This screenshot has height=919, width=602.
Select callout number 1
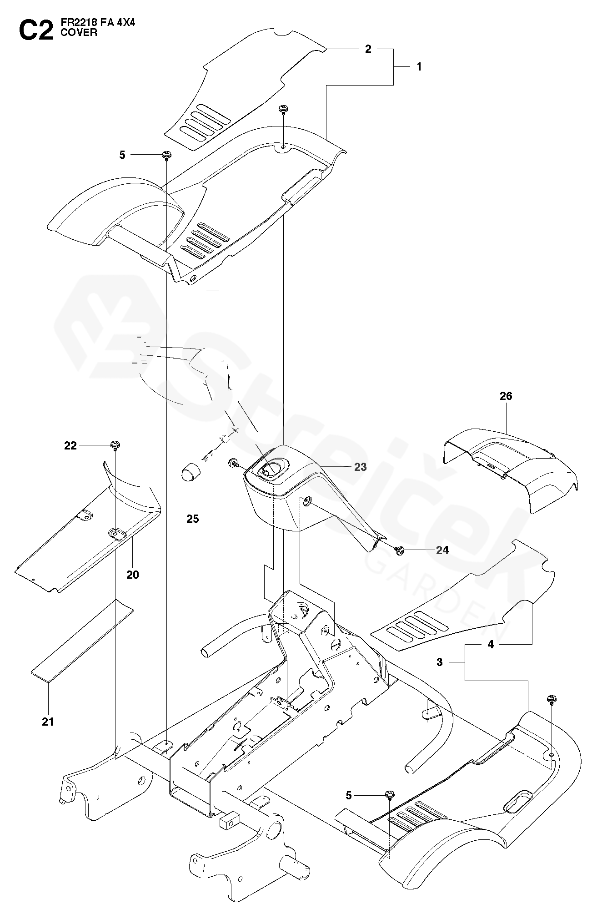point(419,67)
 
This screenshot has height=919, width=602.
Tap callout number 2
point(368,49)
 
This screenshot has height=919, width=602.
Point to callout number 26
point(506,396)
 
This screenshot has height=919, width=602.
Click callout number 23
point(360,467)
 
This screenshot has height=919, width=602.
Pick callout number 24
point(442,550)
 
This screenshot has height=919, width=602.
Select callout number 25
point(193,519)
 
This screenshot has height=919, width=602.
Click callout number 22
point(70,446)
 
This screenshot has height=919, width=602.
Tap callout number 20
point(132,575)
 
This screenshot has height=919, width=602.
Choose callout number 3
point(439,662)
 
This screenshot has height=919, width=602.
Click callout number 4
point(491,644)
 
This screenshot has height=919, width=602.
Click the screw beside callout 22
point(115,445)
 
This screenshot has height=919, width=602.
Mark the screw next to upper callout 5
point(167,155)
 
